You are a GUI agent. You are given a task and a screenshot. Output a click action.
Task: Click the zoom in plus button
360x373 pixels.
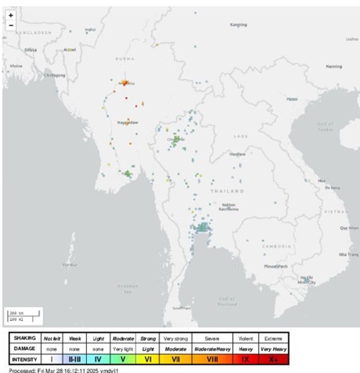point(10,14)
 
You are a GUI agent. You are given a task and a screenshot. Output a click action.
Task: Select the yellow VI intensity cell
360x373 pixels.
point(147,358)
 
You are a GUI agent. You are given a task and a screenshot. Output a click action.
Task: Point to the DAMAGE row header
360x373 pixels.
point(25,348)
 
